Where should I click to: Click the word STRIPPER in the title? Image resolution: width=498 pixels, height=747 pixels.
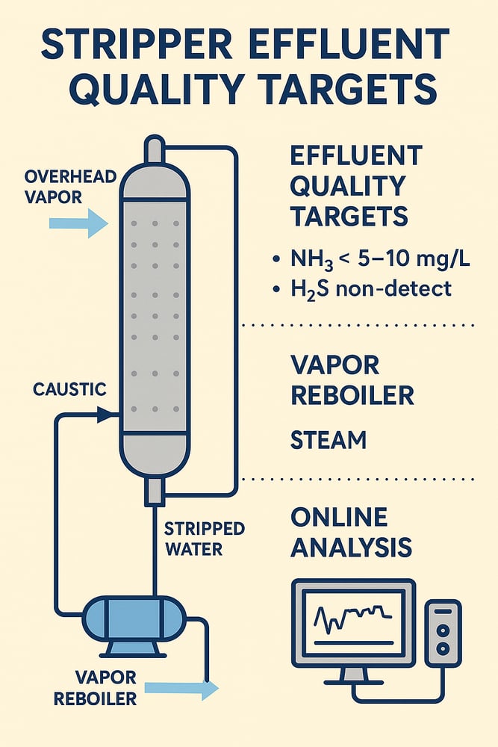[137, 44]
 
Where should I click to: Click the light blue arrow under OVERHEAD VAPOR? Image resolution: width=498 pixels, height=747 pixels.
[78, 223]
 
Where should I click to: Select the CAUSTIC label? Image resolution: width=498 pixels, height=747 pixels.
[69, 389]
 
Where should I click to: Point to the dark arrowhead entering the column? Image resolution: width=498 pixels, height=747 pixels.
[105, 415]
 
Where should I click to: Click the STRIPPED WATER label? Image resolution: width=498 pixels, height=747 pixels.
[205, 539]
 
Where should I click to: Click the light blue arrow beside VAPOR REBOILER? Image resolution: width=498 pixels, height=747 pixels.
[181, 688]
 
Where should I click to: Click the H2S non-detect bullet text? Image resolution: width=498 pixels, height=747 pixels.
[371, 289]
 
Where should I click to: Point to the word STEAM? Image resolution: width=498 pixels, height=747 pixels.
[329, 440]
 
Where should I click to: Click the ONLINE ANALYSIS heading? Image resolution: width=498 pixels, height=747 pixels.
[351, 532]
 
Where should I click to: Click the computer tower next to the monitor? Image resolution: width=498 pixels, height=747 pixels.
[443, 632]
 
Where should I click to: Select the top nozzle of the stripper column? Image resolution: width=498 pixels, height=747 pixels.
[155, 149]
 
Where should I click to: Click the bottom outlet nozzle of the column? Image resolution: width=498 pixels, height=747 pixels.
[155, 492]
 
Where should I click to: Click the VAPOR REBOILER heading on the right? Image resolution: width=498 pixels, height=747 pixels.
[352, 380]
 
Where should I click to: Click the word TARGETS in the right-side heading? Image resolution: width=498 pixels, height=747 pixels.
[349, 217]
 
